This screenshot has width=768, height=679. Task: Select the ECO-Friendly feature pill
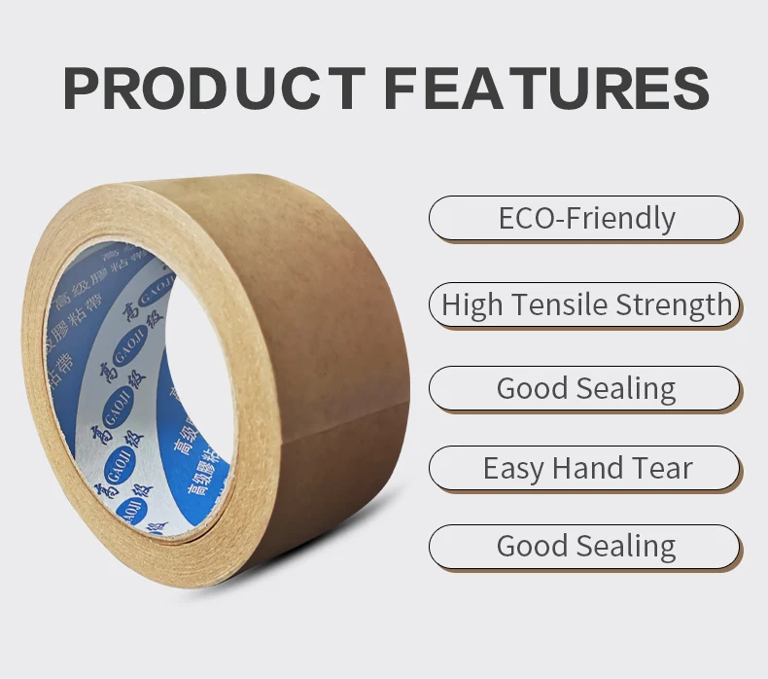pos(585,218)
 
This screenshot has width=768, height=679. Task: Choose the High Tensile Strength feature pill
pos(585,304)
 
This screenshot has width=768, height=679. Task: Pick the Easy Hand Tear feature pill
pos(585,468)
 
